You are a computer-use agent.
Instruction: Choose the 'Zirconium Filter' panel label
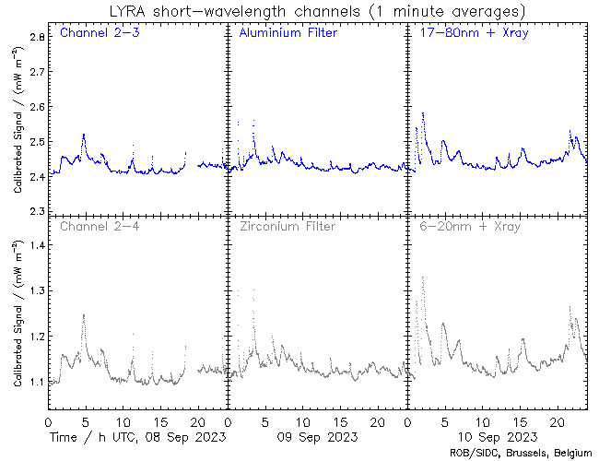pyautogui.click(x=287, y=226)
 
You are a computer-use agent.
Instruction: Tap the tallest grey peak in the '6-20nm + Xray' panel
pyautogui.click(x=423, y=277)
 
